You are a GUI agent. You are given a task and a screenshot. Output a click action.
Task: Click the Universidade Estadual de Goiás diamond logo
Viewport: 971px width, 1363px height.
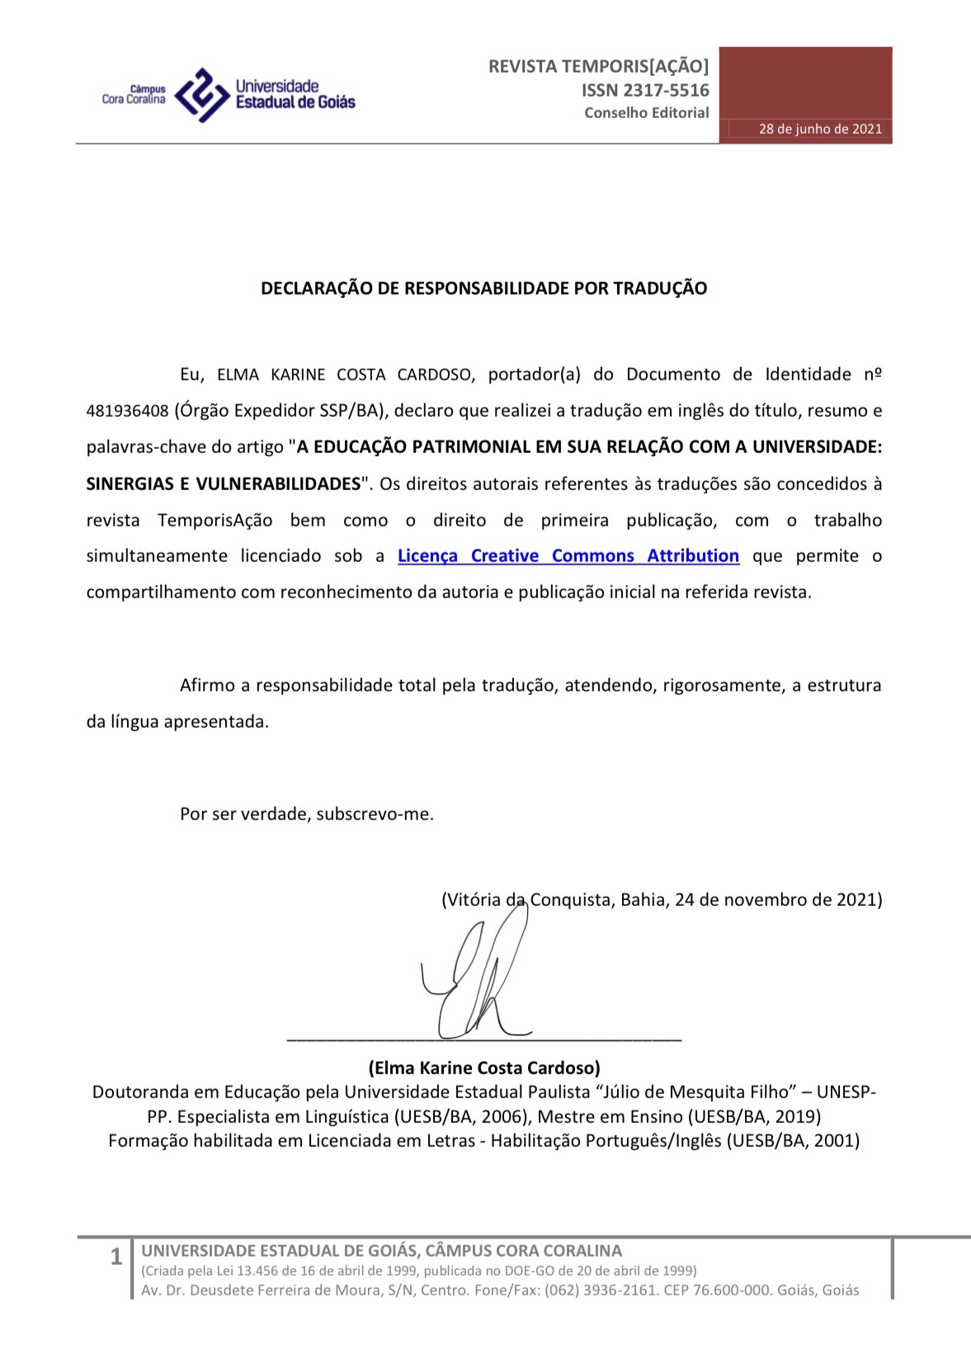coord(202,94)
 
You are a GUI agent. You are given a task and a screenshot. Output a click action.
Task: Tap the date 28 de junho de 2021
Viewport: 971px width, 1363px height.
coord(820,129)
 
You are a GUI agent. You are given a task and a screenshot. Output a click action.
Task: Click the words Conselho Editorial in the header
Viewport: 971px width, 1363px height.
coord(647,112)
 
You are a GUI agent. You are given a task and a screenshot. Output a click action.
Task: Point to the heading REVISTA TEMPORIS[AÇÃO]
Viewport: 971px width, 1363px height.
coord(598,66)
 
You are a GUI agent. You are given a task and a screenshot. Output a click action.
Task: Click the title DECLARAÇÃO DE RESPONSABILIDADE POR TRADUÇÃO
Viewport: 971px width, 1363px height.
coord(484,288)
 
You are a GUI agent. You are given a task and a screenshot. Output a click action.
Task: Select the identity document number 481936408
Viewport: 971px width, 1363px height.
coord(127,411)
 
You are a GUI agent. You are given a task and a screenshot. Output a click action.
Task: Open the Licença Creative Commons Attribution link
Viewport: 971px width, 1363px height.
coord(568,555)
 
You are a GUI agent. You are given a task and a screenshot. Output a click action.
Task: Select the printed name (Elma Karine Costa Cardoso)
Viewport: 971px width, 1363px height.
coord(484,1068)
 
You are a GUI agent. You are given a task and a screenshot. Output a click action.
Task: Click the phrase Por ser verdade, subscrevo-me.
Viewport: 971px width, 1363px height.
coord(307,814)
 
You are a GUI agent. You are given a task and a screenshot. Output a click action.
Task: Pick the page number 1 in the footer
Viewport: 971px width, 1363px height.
coord(116,1257)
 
